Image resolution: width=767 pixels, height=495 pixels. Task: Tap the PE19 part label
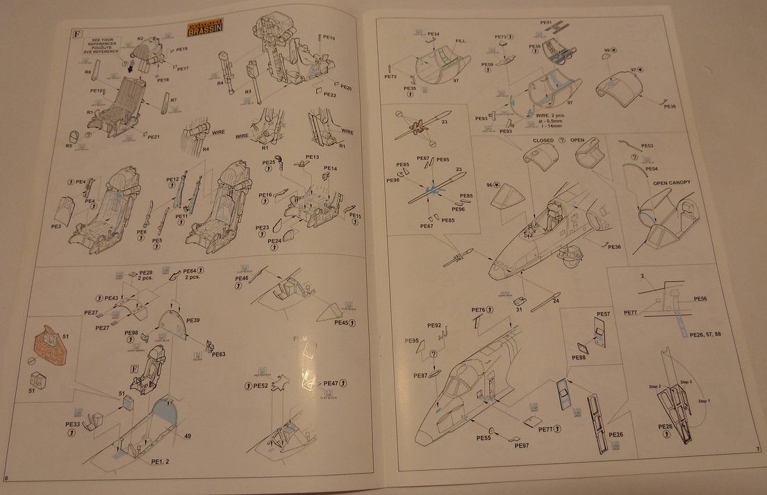pos(182,49)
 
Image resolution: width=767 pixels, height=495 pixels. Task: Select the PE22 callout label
pos(329,95)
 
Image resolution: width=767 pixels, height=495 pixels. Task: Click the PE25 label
pos(269,163)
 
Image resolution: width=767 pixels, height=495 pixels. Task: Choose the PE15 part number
pos(355,216)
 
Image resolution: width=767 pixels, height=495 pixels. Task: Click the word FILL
pos(461,41)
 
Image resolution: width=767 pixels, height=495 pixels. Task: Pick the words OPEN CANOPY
pos(671,182)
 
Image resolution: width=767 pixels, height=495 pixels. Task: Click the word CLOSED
pos(543,140)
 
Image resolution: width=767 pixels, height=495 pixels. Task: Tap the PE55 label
pos(484,438)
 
